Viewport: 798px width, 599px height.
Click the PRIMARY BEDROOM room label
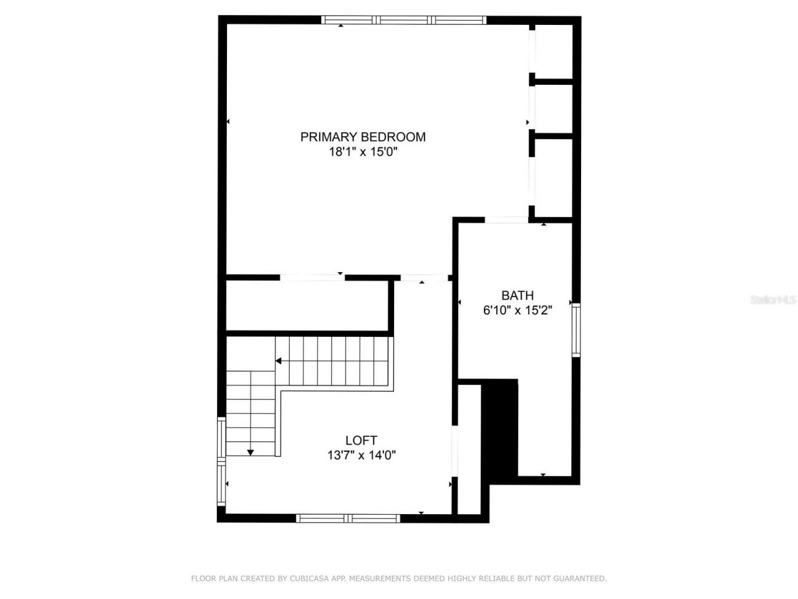[363, 137]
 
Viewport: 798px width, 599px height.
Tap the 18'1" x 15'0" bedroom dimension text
[363, 152]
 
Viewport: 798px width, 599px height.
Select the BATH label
[517, 295]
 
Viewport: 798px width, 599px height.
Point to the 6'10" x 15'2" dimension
[517, 310]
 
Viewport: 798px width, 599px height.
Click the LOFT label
[361, 441]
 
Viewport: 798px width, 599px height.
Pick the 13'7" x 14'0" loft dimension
[362, 455]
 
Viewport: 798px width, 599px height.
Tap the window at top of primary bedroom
[404, 20]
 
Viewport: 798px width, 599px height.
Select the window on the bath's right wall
[577, 329]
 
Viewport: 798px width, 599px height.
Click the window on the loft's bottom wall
[348, 518]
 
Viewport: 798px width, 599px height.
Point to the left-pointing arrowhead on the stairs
[278, 361]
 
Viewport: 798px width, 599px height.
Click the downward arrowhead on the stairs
[250, 452]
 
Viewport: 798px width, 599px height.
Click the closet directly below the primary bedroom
[307, 306]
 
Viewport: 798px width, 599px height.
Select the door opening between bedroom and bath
[506, 220]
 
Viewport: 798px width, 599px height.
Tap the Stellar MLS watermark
[773, 299]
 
